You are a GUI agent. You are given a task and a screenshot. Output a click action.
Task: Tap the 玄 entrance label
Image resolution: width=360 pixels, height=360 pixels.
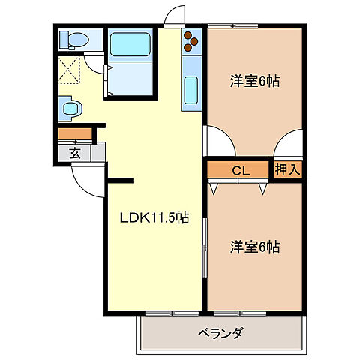(x=75, y=154)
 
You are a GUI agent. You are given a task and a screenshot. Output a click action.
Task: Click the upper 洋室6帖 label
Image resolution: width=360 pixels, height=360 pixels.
(x=254, y=82)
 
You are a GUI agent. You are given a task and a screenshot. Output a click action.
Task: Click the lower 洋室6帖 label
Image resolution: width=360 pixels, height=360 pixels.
(x=254, y=245)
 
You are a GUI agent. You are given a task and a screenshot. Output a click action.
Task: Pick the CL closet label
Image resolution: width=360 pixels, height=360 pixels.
(x=240, y=171)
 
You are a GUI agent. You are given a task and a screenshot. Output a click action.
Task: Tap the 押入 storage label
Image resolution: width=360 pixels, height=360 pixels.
(x=286, y=170)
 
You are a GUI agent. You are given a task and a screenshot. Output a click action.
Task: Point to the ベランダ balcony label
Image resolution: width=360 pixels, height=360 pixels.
(x=221, y=332)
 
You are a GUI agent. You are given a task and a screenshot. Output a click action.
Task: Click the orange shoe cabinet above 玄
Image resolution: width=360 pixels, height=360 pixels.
(x=74, y=135)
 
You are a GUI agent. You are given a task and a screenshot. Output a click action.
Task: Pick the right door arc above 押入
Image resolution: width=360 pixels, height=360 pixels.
(x=289, y=143)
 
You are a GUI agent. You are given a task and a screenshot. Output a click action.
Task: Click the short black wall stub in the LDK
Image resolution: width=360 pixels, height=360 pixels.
(x=120, y=180)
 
